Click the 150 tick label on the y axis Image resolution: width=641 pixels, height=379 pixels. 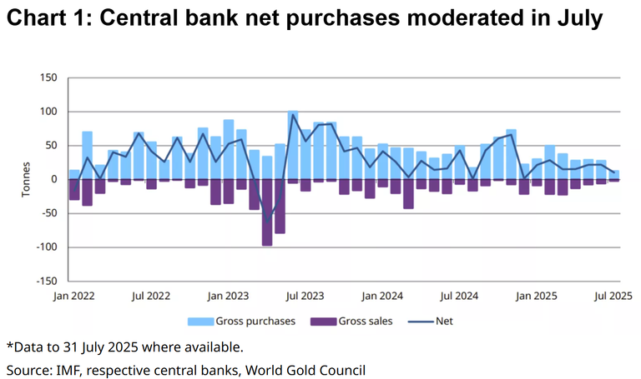[47, 78]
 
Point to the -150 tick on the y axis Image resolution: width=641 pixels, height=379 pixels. [44, 281]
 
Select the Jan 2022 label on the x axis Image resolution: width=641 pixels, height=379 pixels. [70, 295]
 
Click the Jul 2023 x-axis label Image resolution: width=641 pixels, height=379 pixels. [305, 295]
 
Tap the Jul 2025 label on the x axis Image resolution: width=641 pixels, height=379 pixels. [613, 295]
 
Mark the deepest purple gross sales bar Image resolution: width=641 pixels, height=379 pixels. [267, 212]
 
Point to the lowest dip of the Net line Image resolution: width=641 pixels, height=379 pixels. [267, 218]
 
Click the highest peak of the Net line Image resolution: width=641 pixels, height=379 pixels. [293, 115]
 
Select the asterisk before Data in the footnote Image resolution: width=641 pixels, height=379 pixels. [10, 344]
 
